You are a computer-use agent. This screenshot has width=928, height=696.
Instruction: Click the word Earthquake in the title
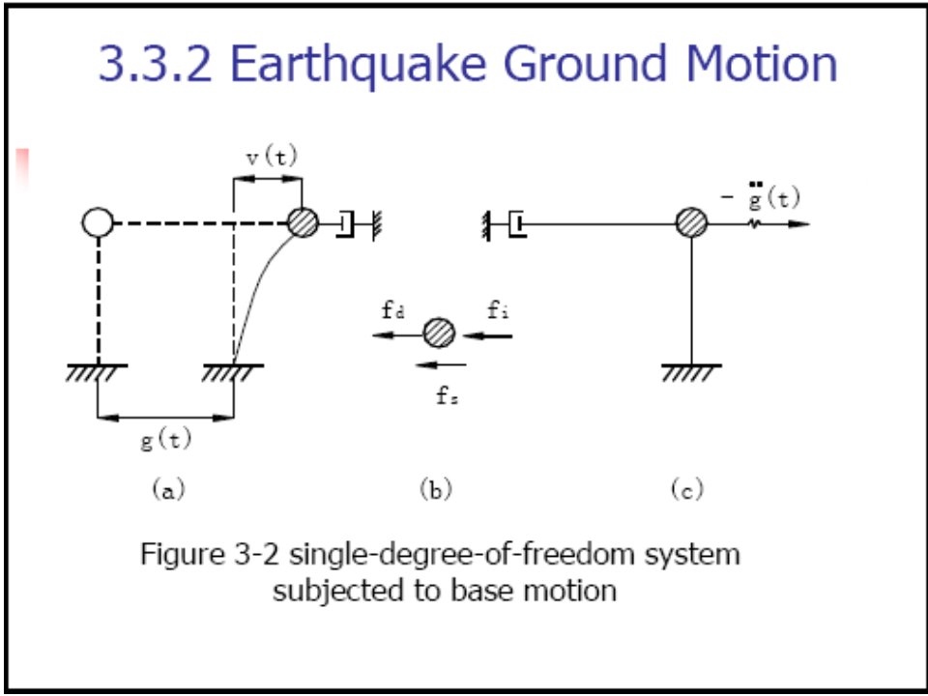point(366,65)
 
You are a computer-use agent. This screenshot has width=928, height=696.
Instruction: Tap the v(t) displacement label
point(271,158)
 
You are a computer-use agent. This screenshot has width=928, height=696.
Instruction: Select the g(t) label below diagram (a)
point(165,440)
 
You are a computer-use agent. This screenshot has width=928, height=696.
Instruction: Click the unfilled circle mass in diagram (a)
point(98,223)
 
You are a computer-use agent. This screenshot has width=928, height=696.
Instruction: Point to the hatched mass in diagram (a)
point(303,223)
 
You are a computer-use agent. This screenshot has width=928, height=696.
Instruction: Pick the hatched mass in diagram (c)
point(691,223)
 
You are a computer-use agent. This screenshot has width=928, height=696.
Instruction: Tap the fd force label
point(391,311)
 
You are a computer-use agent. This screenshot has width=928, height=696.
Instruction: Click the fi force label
point(497,310)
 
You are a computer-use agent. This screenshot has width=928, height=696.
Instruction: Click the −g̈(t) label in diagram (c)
point(764,198)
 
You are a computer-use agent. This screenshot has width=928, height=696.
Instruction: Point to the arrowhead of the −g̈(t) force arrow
point(801,224)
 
